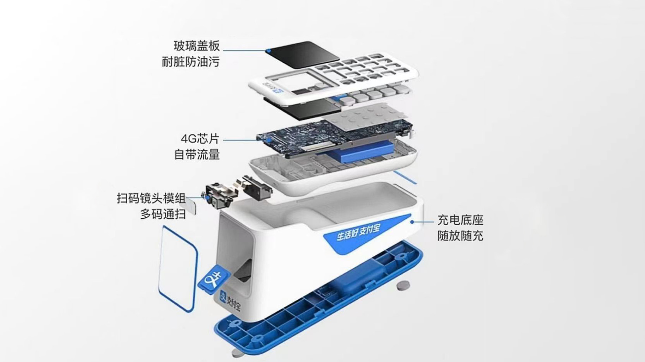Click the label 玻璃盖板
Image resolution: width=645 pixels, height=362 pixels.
pos(196,46)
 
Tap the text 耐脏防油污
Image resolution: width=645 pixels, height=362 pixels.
pos(190,62)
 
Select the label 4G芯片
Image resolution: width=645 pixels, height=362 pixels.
pos(200,139)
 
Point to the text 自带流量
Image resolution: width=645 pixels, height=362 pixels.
pos(197,154)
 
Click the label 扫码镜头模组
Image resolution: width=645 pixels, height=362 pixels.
pos(151,198)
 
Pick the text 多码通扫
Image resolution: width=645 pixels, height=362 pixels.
pos(163,214)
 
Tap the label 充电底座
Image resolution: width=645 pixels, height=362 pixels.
pos(460,220)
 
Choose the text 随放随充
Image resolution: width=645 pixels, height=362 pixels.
pos(460,236)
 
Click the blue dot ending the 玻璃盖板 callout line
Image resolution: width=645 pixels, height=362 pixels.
pos(268,51)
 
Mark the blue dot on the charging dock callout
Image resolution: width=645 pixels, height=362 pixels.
pos(412,222)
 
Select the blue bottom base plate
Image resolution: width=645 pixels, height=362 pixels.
pos(319,296)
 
